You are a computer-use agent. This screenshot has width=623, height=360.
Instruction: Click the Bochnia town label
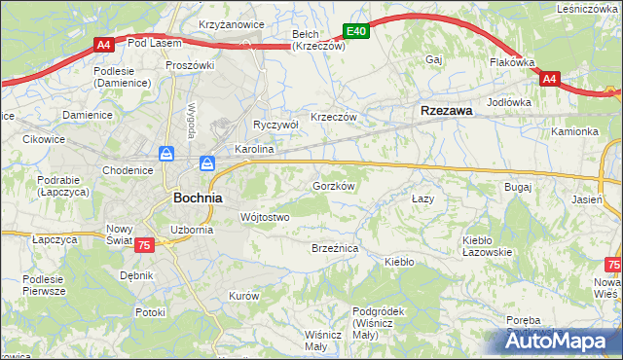pos(198,197)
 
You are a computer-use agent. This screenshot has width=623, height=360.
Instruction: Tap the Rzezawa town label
pos(447,111)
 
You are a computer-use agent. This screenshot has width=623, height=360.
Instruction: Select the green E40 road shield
pos(357,31)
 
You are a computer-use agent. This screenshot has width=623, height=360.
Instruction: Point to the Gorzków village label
pos(332,185)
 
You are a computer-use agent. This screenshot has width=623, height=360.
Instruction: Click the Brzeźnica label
pos(335,249)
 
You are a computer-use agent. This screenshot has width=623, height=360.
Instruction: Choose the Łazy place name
pos(421,198)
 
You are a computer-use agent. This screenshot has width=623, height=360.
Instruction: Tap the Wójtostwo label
pos(265,217)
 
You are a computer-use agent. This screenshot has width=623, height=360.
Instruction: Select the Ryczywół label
pos(275,125)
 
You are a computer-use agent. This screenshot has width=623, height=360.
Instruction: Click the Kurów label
pos(242,295)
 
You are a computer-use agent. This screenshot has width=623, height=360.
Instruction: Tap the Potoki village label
pos(150,312)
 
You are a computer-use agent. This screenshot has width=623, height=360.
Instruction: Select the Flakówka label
pos(513,62)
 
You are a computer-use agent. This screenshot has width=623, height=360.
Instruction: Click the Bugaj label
pos(517,185)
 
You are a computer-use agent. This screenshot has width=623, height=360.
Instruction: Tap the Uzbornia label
pos(191,230)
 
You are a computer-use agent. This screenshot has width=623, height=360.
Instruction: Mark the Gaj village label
pos(434,59)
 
